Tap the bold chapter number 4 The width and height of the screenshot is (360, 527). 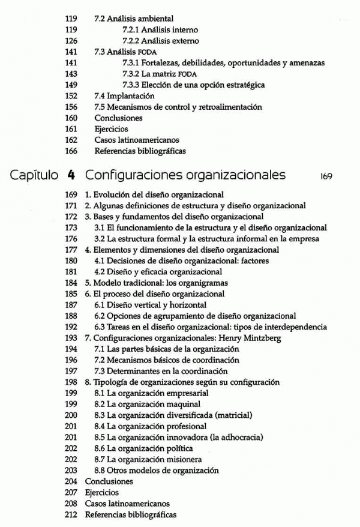(x=71, y=176)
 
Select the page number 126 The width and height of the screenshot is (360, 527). (x=71, y=41)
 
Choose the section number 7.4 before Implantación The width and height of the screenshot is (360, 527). (x=101, y=95)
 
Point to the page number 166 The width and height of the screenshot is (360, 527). (x=71, y=151)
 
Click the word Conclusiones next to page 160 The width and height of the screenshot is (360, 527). (x=118, y=118)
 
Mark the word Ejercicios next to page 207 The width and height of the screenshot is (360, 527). (x=102, y=492)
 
